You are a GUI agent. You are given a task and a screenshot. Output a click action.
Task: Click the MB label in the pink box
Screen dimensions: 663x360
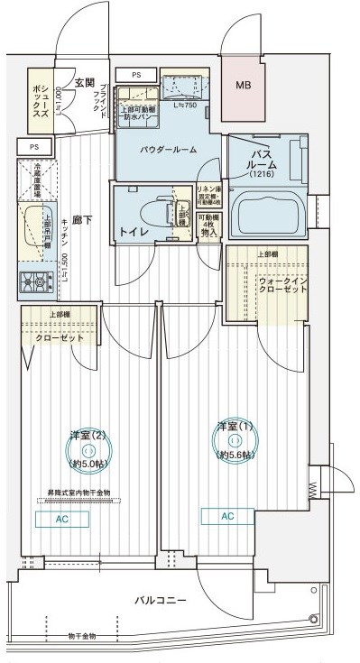(243, 87)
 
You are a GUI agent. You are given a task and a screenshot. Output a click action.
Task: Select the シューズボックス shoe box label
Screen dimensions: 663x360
(38, 96)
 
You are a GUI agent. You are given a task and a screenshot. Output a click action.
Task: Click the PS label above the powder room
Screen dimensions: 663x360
(136, 75)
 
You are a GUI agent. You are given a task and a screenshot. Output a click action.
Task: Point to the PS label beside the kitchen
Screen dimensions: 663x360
(33, 145)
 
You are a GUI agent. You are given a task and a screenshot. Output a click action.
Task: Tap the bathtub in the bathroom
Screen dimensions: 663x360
(270, 215)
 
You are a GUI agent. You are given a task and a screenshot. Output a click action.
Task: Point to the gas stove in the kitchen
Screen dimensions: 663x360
(36, 282)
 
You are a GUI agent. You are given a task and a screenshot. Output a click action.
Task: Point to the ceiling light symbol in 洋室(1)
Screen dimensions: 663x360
(235, 440)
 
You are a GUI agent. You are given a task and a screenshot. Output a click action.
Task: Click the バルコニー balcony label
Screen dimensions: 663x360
(161, 599)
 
